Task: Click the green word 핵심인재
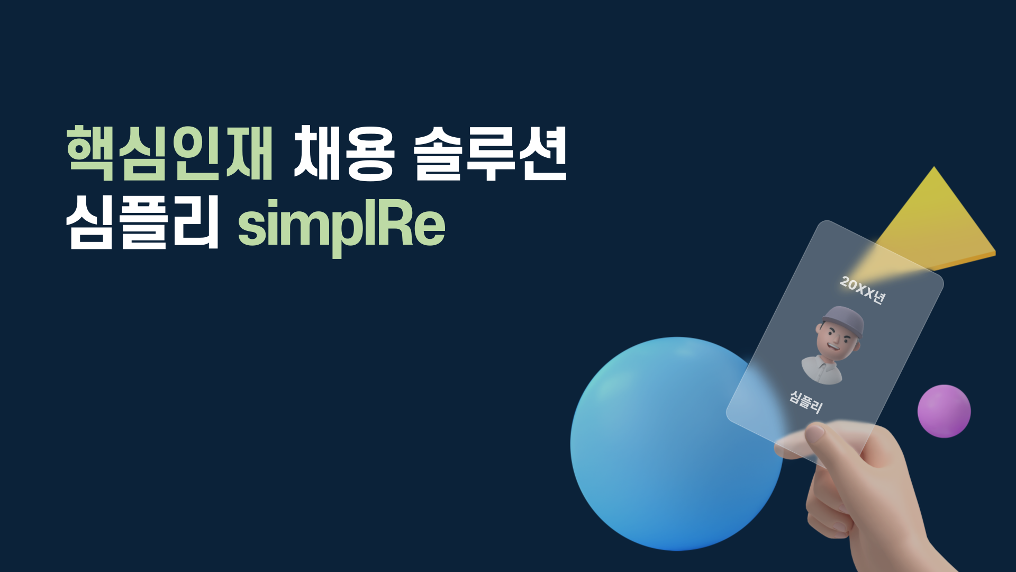pos(169,154)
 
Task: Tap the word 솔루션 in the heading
pos(489,154)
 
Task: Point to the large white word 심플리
pos(142,222)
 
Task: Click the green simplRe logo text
pos(341,225)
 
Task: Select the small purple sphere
pos(944,411)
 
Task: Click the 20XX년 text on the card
pos(861,291)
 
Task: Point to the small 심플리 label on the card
pos(806,402)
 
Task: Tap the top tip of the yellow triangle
pos(934,169)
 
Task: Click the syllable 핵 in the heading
pos(90,154)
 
